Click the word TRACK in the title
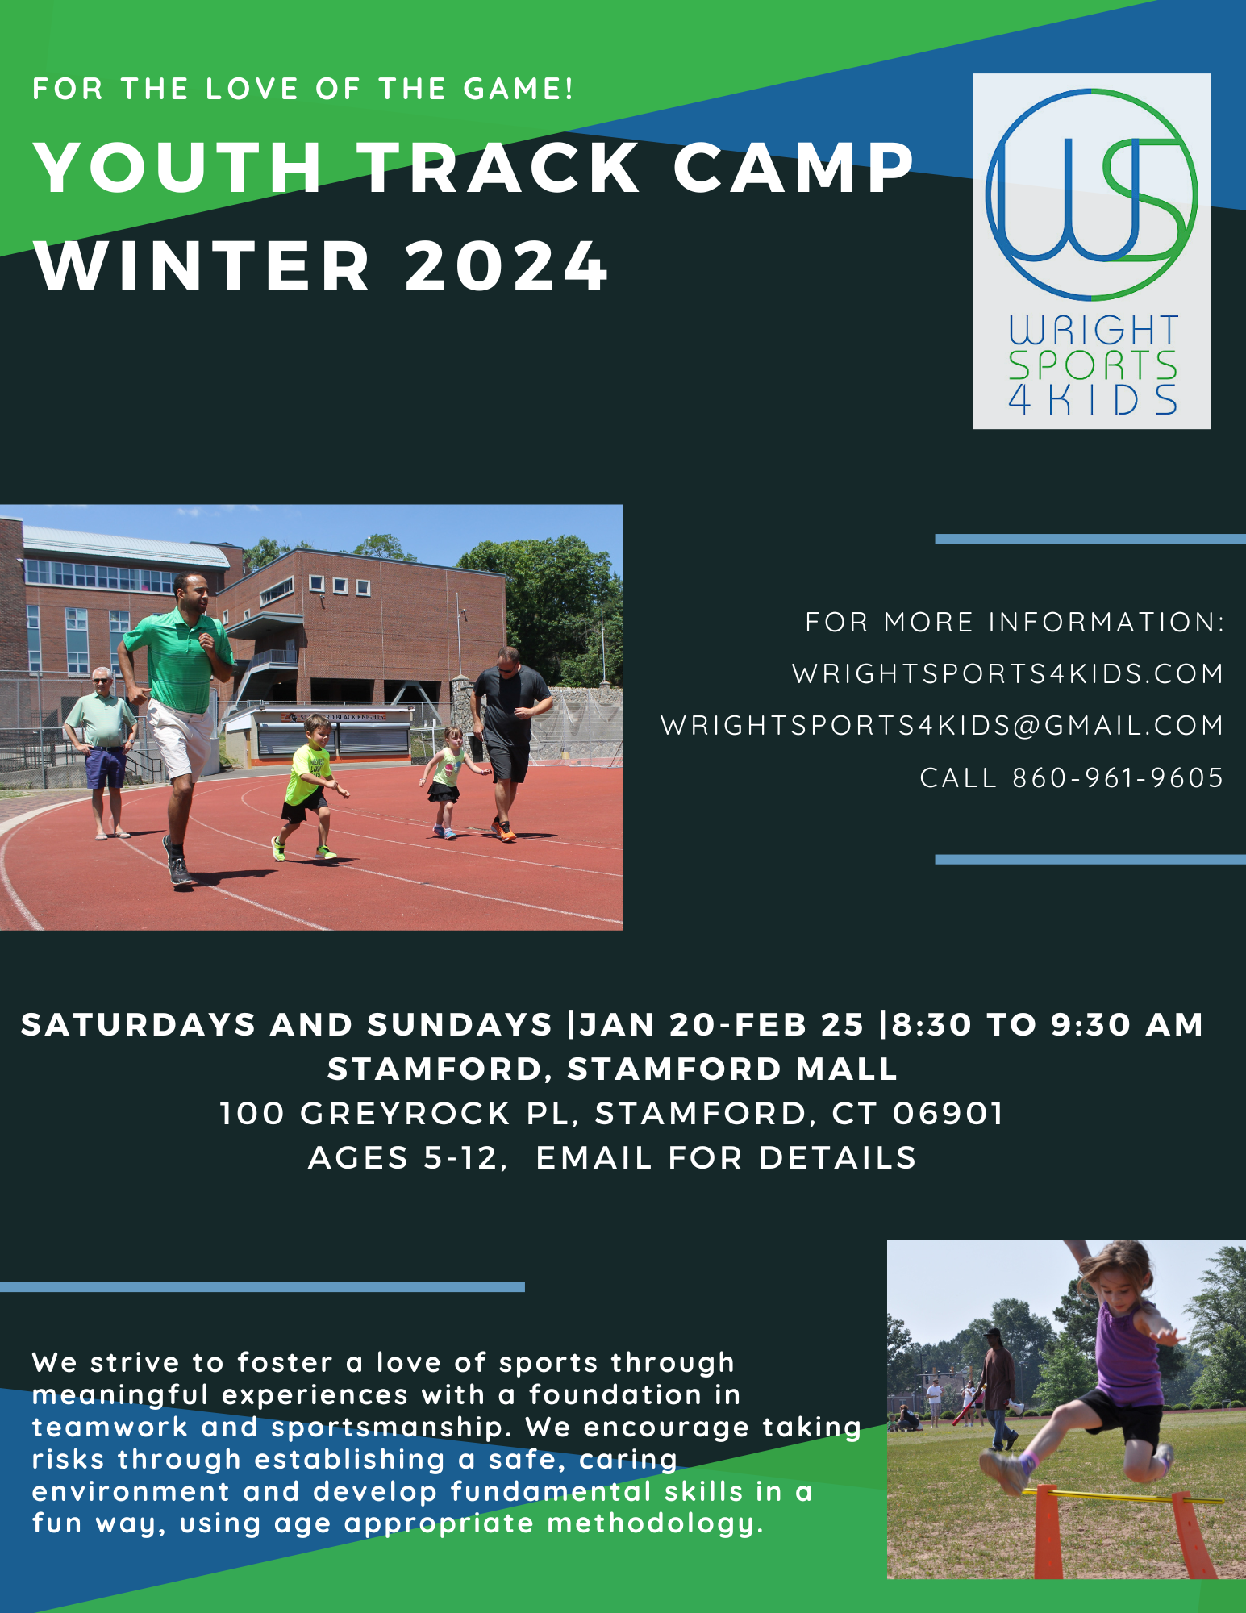[499, 168]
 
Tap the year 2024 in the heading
[506, 266]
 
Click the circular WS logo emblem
[1091, 194]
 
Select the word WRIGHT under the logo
[1093, 331]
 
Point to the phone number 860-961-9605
[1118, 777]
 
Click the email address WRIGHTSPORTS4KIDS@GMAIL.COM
[942, 725]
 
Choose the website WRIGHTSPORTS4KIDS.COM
[1008, 673]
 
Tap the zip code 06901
[948, 1114]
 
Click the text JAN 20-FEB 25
[722, 1024]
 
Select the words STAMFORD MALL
[733, 1069]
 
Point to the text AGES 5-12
[403, 1158]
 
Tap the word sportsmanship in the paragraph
[391, 1428]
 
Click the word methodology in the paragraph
[654, 1524]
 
